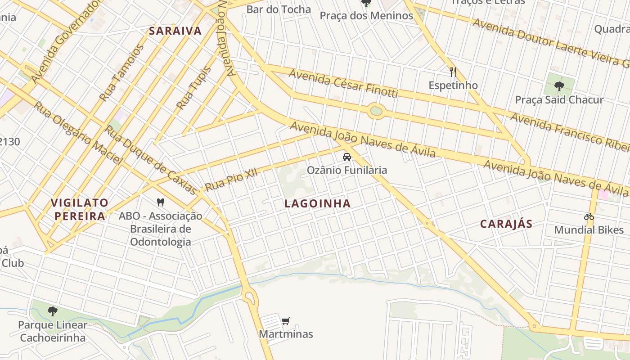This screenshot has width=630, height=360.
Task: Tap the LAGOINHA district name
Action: click(x=317, y=203)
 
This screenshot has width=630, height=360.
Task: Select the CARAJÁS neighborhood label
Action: click(x=506, y=224)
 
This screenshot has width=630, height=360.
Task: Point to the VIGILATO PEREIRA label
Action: click(x=80, y=209)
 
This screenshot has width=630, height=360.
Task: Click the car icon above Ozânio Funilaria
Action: click(x=346, y=157)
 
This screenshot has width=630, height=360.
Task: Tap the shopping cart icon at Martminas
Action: click(x=285, y=321)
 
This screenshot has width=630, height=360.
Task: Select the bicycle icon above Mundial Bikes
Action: click(x=589, y=216)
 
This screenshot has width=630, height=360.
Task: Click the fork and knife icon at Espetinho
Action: click(x=453, y=72)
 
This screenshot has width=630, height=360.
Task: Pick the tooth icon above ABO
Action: click(x=160, y=202)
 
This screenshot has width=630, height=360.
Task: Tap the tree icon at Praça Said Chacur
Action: click(x=559, y=86)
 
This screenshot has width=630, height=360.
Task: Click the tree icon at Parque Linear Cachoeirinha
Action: click(x=53, y=311)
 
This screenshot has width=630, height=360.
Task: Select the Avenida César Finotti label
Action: click(x=343, y=83)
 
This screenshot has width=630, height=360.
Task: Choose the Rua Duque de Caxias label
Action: click(x=151, y=160)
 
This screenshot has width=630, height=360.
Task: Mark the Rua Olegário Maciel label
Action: click(x=78, y=133)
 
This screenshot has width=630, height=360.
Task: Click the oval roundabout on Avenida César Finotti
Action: click(x=376, y=111)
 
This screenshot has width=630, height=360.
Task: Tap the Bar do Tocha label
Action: click(x=279, y=9)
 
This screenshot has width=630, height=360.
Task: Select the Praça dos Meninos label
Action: click(x=366, y=16)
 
